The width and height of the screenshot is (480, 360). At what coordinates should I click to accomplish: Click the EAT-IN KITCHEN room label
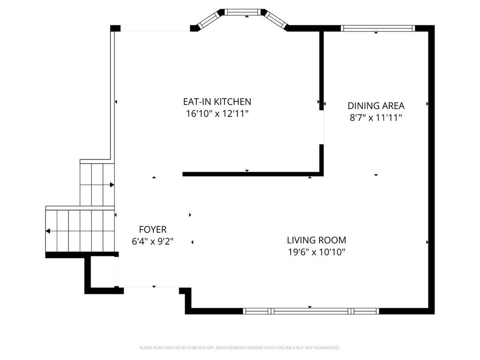[217, 101]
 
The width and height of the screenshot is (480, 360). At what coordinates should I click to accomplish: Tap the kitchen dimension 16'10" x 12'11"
[217, 114]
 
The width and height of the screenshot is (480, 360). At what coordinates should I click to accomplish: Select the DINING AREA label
[376, 105]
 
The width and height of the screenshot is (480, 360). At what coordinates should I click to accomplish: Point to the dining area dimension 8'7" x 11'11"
[376, 118]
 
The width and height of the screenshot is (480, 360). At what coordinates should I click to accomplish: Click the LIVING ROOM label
[316, 240]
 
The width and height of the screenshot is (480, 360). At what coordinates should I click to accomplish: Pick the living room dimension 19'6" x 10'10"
[316, 252]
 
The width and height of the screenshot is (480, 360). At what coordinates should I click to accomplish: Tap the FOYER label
[153, 229]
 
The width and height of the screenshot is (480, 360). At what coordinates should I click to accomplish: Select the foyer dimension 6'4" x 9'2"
[153, 241]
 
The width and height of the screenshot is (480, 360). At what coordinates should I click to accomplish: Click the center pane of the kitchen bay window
[242, 12]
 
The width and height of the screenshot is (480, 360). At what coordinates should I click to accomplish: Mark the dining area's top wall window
[378, 29]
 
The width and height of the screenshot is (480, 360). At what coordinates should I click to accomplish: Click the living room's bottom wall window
[311, 311]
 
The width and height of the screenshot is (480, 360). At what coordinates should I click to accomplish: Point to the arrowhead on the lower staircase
[48, 231]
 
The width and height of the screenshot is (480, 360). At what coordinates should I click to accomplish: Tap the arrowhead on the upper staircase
[112, 185]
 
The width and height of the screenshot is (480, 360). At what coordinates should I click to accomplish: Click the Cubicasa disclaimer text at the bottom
[240, 348]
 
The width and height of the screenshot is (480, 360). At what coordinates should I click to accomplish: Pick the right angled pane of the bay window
[276, 20]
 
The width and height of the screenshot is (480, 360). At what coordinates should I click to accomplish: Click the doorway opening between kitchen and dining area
[321, 127]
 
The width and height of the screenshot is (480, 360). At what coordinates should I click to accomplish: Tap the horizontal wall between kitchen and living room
[253, 174]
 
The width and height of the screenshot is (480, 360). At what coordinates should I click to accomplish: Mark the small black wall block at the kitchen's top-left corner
[115, 28]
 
